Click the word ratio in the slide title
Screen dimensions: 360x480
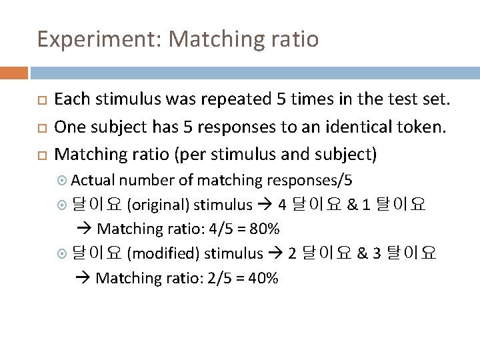tap(293, 40)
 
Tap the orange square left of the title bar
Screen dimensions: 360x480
tap(13, 72)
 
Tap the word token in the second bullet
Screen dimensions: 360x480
tap(419, 127)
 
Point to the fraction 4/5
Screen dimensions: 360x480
tap(221, 229)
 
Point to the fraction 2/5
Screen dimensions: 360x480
tap(220, 278)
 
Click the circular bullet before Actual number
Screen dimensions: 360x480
tap(63, 181)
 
